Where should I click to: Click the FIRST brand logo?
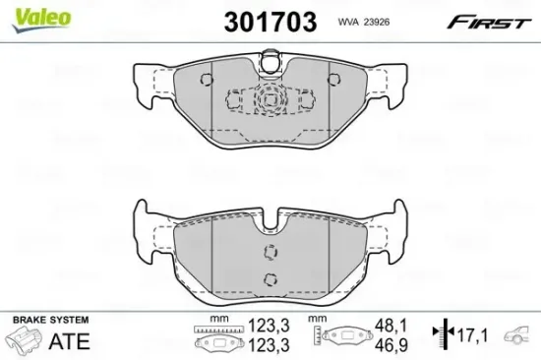pos(493,20)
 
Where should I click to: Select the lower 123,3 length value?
pos(268,347)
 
